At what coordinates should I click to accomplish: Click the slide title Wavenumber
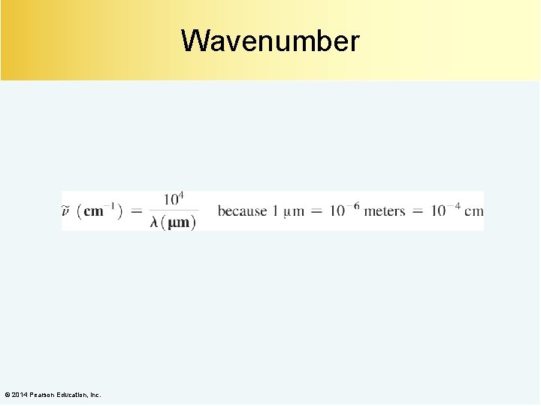coord(270,41)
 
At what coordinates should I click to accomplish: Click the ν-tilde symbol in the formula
coord(67,211)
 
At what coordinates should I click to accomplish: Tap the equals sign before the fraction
coord(137,211)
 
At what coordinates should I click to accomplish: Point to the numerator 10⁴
coord(174,199)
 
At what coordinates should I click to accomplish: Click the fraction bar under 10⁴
coord(174,211)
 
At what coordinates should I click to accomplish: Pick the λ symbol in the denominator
coord(156,223)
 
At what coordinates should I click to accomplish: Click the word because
coord(242,211)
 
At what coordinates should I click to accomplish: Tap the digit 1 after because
coord(276,211)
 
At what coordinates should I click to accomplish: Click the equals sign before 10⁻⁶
coord(316,211)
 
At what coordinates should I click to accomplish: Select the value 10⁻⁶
coord(343,210)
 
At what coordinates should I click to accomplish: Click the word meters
coord(384,211)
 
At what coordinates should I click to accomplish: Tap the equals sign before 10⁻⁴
coord(417,211)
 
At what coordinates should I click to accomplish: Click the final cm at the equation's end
coord(474,211)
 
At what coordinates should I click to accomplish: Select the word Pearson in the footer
coord(43,395)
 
